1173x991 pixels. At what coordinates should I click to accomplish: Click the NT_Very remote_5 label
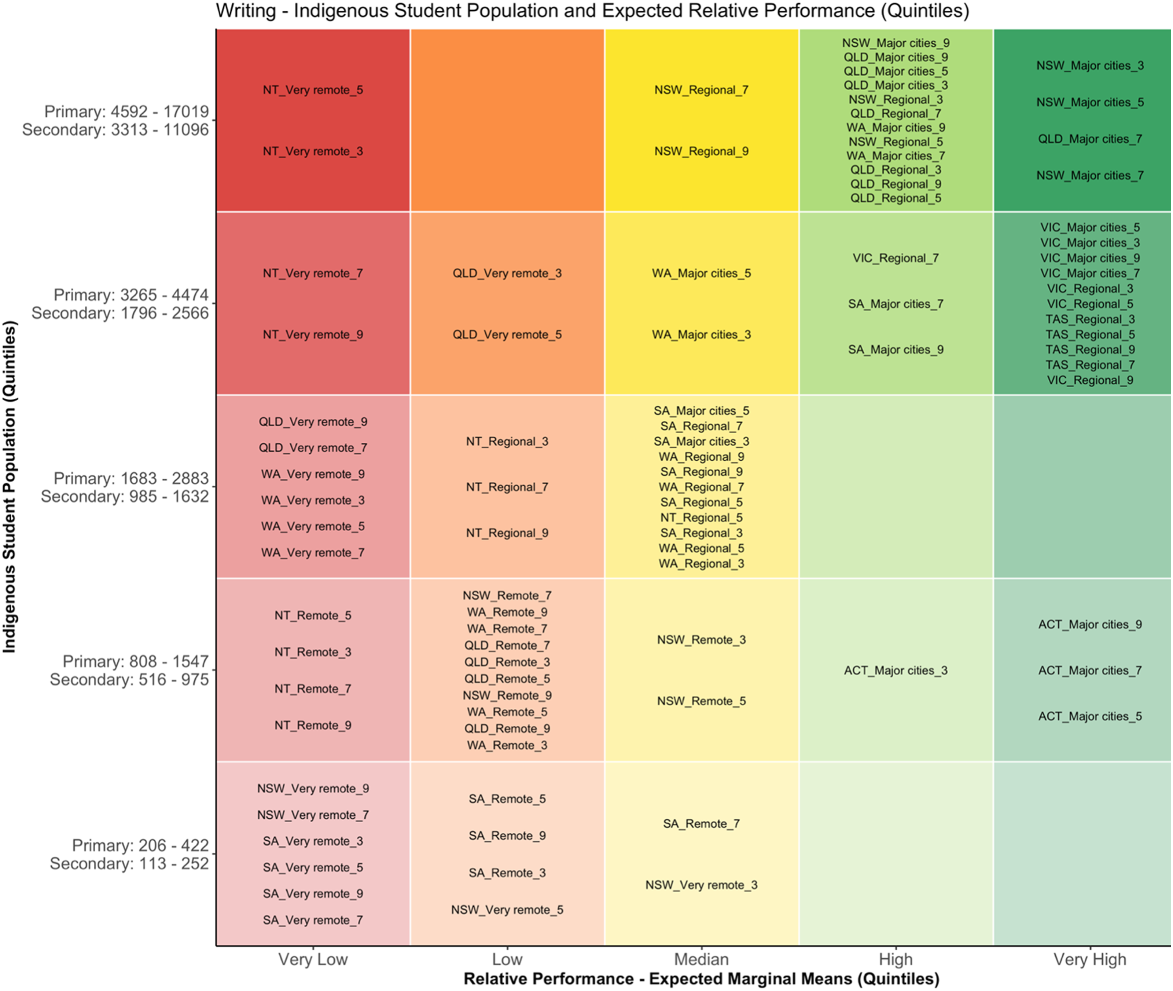click(x=313, y=90)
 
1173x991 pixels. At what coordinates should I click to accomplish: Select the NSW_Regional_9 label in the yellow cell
click(x=701, y=151)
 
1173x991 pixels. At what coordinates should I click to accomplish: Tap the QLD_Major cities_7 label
click(x=1090, y=139)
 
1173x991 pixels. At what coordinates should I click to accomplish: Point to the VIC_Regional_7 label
click(x=896, y=258)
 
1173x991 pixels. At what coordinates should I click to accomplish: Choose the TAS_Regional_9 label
click(x=1090, y=350)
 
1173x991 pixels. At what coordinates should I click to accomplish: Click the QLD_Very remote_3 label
click(x=507, y=273)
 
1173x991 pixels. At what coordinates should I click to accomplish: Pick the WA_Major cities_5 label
click(x=701, y=273)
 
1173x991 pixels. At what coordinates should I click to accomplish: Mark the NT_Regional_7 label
click(x=507, y=487)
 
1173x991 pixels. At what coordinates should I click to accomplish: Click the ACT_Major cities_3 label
click(x=896, y=670)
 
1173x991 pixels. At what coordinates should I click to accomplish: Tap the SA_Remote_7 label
click(x=701, y=824)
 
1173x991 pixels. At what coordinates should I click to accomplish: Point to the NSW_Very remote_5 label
click(x=507, y=910)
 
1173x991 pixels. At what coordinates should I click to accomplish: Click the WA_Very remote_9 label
click(x=313, y=474)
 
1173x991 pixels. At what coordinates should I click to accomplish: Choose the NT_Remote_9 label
click(x=313, y=725)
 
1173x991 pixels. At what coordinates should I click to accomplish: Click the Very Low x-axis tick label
click(x=313, y=959)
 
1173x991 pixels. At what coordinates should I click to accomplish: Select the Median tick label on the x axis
click(x=701, y=959)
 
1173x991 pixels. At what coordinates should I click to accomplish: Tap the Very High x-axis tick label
click(x=1090, y=959)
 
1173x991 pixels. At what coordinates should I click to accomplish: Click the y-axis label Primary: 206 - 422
click(x=140, y=845)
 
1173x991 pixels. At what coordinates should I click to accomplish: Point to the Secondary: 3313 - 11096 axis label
click(x=115, y=130)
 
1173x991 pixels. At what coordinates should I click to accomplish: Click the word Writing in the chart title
click(x=246, y=10)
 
